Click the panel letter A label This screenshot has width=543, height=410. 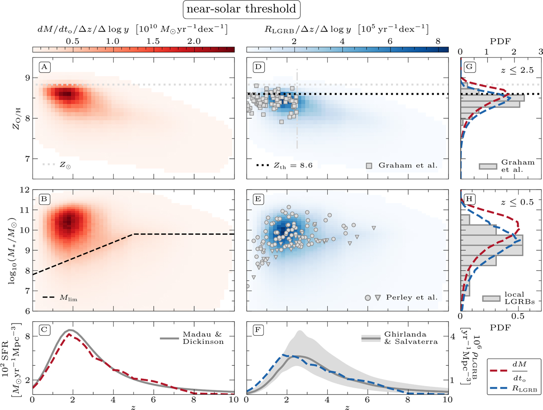44,67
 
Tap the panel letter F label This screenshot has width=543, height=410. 258,330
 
